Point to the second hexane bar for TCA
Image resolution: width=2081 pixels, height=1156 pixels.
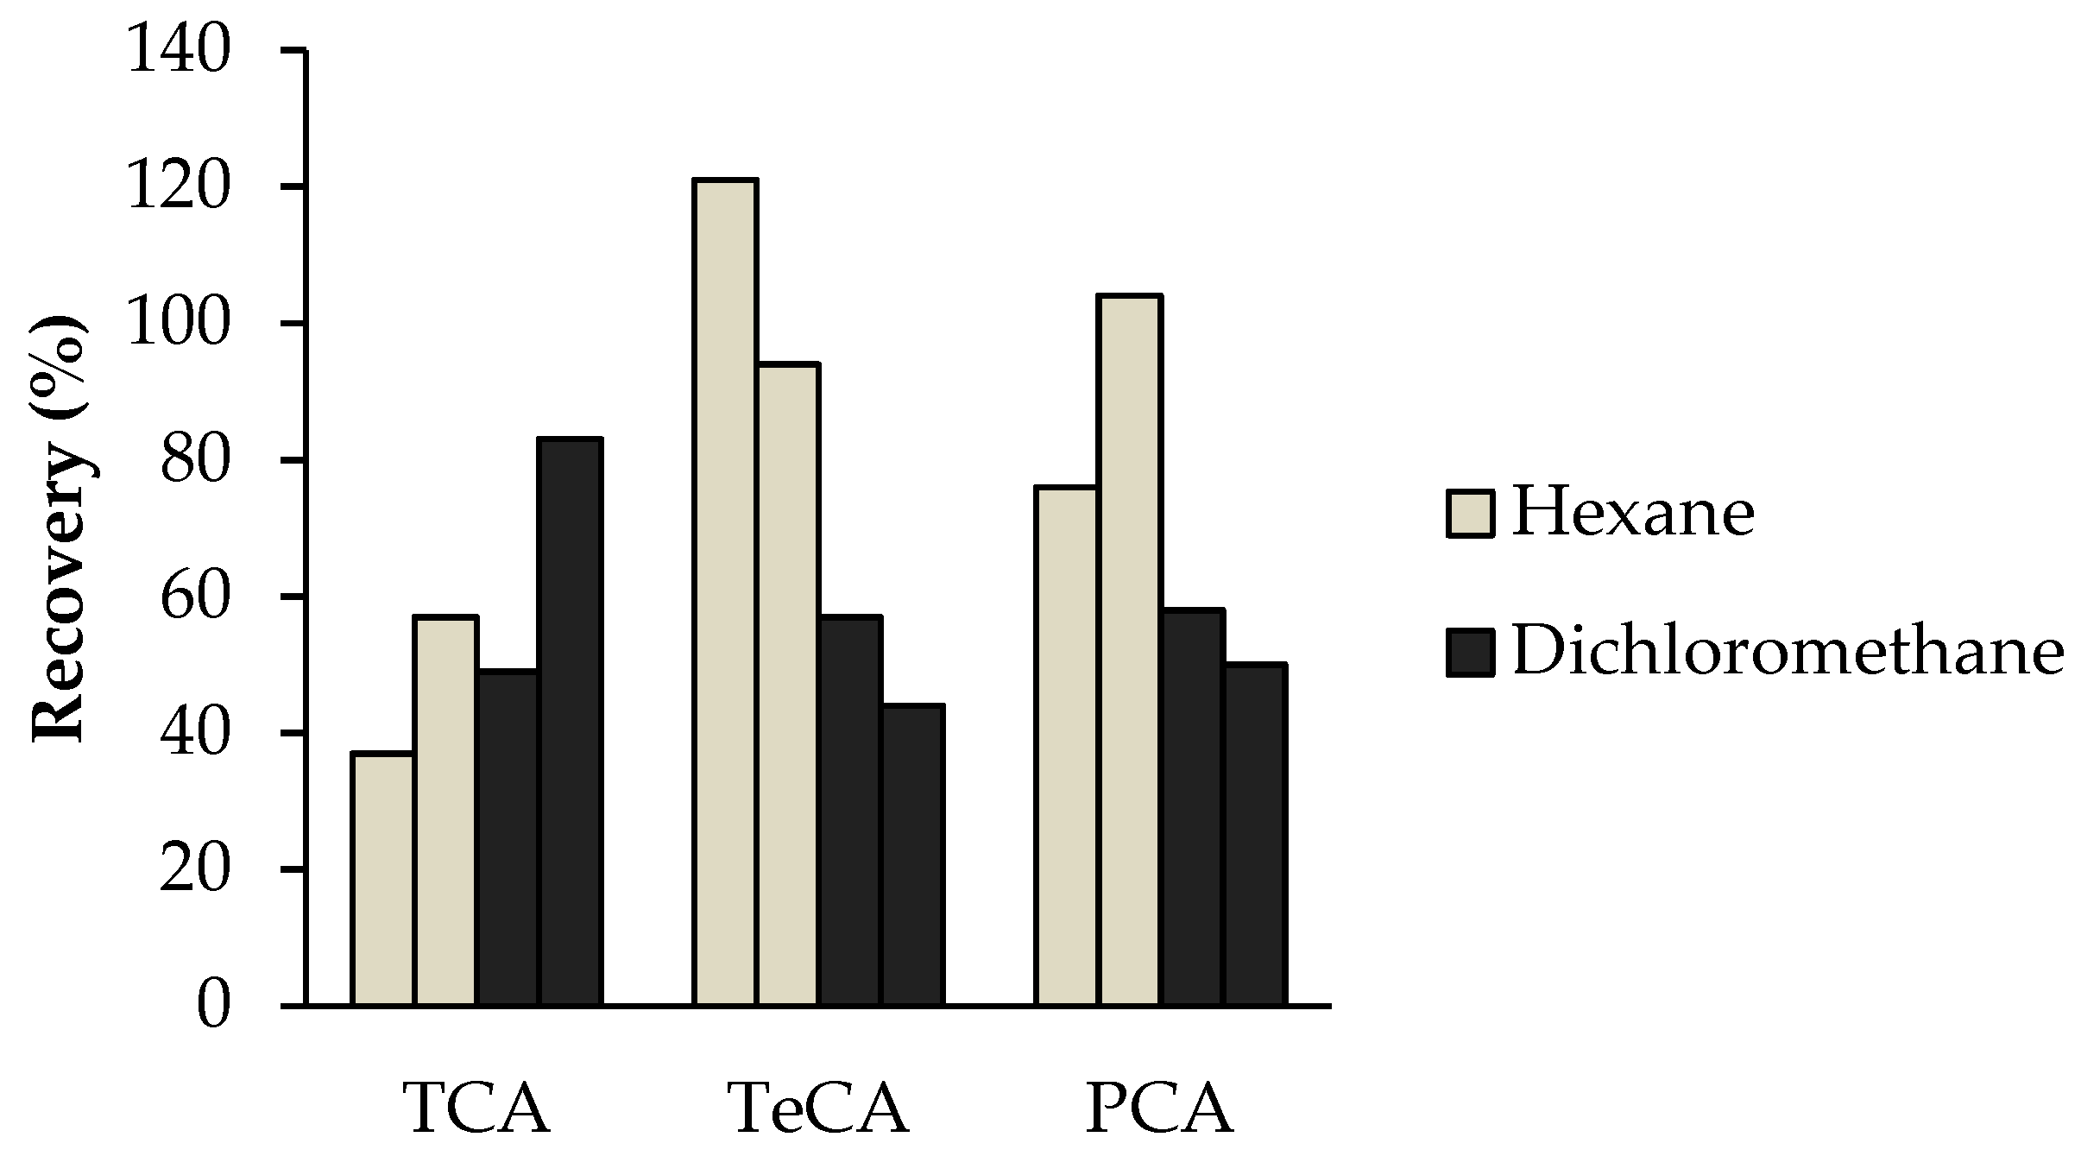point(445,812)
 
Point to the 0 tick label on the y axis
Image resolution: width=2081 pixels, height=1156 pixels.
point(213,1007)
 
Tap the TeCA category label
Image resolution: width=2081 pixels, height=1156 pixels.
point(818,1109)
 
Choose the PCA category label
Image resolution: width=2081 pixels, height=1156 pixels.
point(1159,1109)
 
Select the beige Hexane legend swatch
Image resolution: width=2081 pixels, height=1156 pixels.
point(1470,515)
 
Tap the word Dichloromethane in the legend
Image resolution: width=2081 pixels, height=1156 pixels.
point(1788,652)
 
